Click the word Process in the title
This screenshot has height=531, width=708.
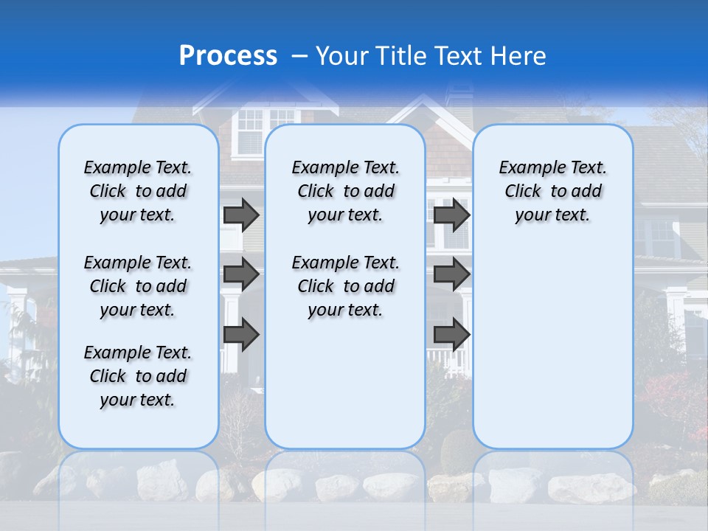(x=228, y=56)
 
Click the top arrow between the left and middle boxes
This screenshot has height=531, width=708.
(x=241, y=215)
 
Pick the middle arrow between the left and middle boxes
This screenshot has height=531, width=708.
(x=241, y=274)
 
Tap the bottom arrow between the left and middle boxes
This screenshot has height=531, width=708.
(x=241, y=334)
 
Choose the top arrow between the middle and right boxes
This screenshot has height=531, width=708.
(x=451, y=215)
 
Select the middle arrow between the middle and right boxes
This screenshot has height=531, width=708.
(x=451, y=274)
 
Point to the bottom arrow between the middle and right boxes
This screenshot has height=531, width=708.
(x=451, y=334)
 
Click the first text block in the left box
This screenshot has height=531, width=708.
(x=138, y=191)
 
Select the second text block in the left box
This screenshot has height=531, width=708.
(x=138, y=286)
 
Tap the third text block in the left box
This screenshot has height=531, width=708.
(x=138, y=376)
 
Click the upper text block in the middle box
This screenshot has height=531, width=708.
(x=345, y=191)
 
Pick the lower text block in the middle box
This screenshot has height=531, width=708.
(x=345, y=286)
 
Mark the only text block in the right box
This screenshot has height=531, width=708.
(x=552, y=191)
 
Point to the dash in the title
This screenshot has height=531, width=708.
(x=299, y=56)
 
